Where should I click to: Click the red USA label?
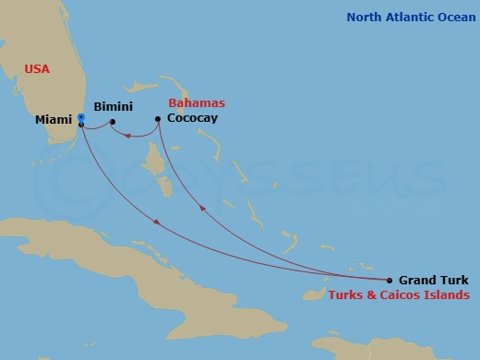[x=37, y=69]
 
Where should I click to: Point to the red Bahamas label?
[x=197, y=103]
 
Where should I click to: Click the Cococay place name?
[x=192, y=119]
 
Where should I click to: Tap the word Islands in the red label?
[x=447, y=295]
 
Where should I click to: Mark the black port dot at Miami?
[x=81, y=125]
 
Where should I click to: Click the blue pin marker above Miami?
[x=81, y=117]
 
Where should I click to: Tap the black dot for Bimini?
[x=113, y=121]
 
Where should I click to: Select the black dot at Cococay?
[x=159, y=118]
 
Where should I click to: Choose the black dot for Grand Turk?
[x=390, y=280]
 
